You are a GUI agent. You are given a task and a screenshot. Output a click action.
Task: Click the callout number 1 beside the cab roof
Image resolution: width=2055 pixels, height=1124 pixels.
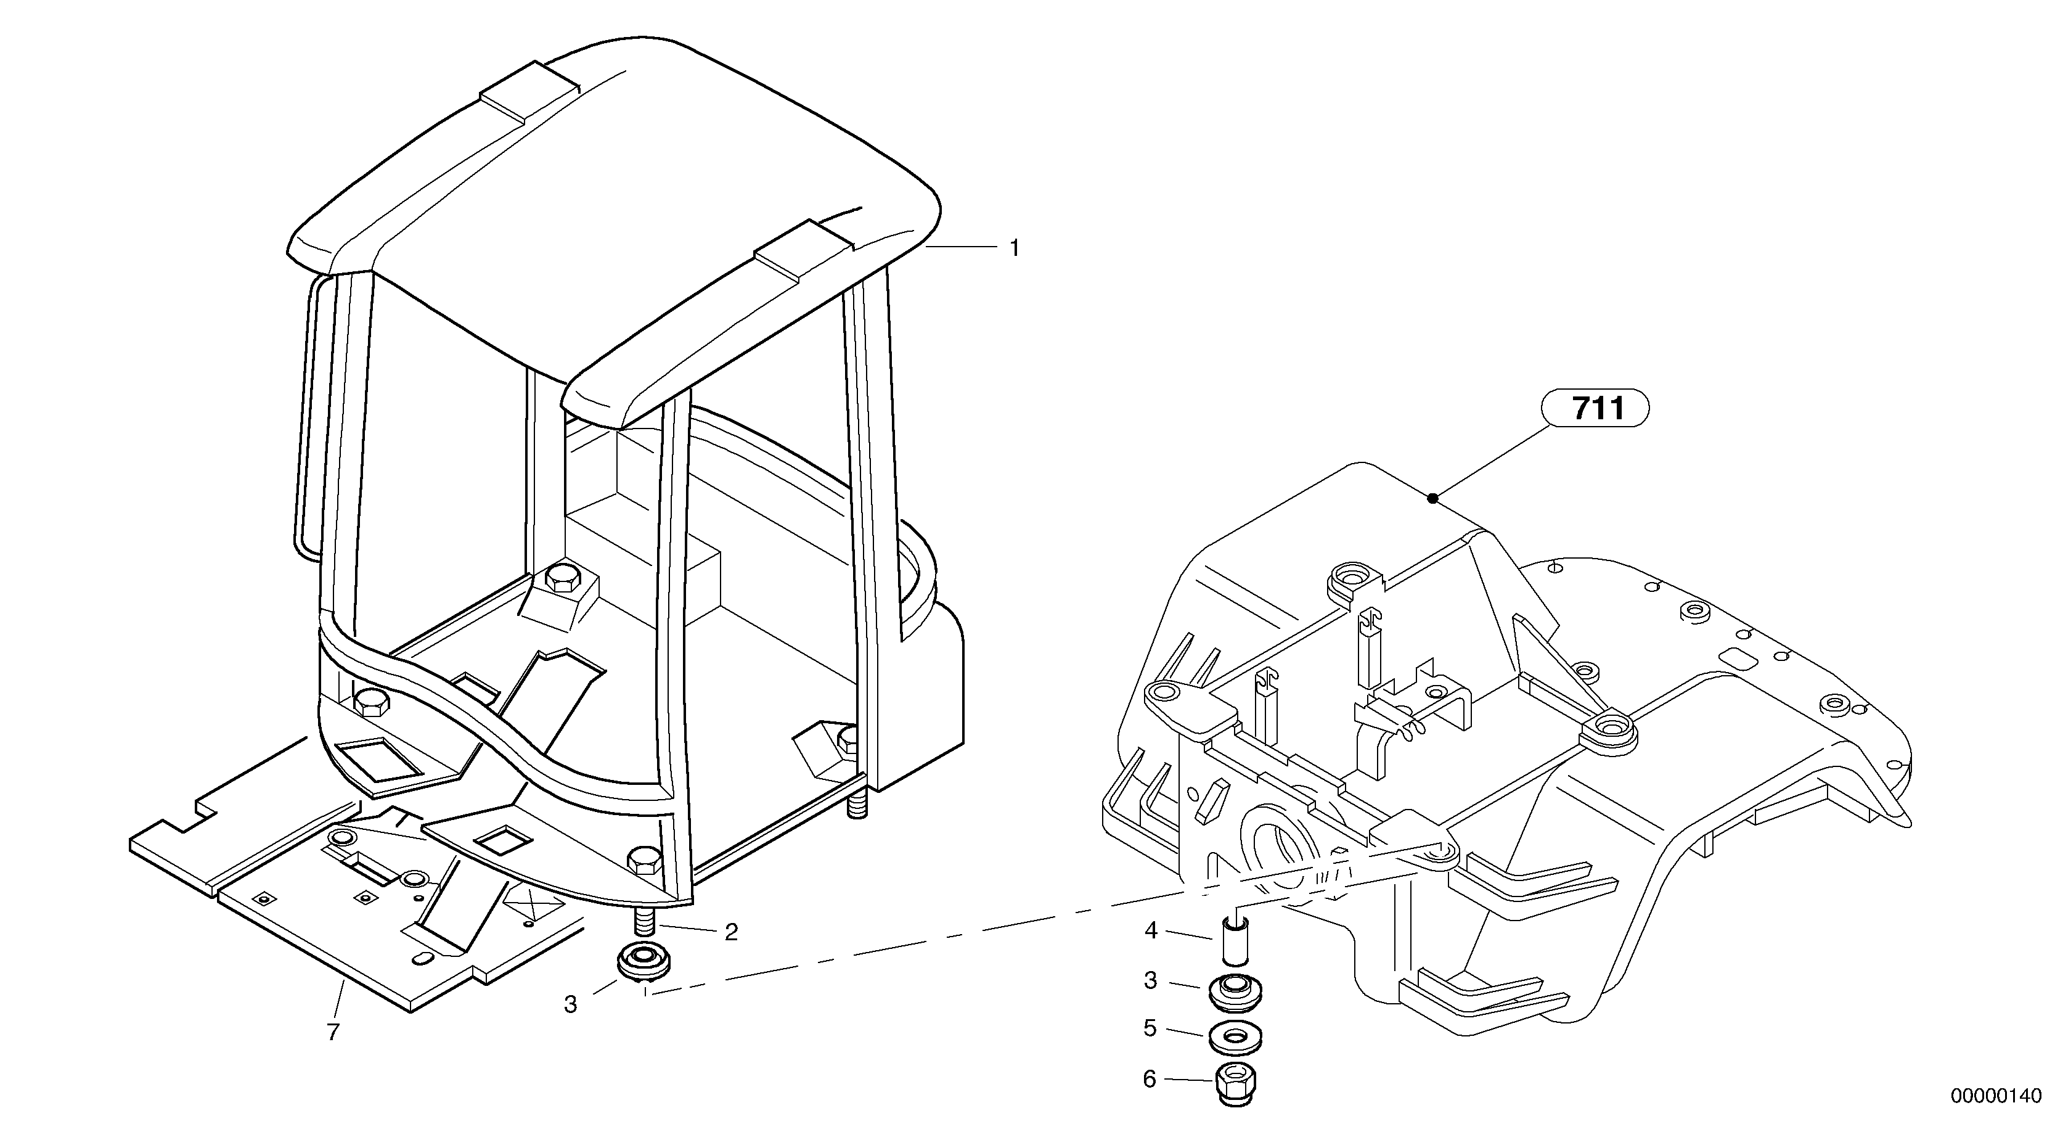pyautogui.click(x=1014, y=249)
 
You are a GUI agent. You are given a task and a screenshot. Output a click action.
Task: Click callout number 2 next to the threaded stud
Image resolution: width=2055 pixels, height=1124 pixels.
pyautogui.click(x=731, y=932)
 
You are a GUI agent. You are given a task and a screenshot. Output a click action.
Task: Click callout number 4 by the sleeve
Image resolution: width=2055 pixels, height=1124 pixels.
pyautogui.click(x=1150, y=930)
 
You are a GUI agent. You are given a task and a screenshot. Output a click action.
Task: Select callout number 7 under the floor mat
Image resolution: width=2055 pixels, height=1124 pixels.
pyautogui.click(x=333, y=1032)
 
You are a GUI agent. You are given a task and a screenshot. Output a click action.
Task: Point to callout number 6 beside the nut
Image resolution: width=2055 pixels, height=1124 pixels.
pyautogui.click(x=1150, y=1080)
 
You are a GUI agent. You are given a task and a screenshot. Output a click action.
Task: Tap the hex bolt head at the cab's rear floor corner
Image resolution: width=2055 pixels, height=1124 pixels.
pyautogui.click(x=563, y=580)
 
